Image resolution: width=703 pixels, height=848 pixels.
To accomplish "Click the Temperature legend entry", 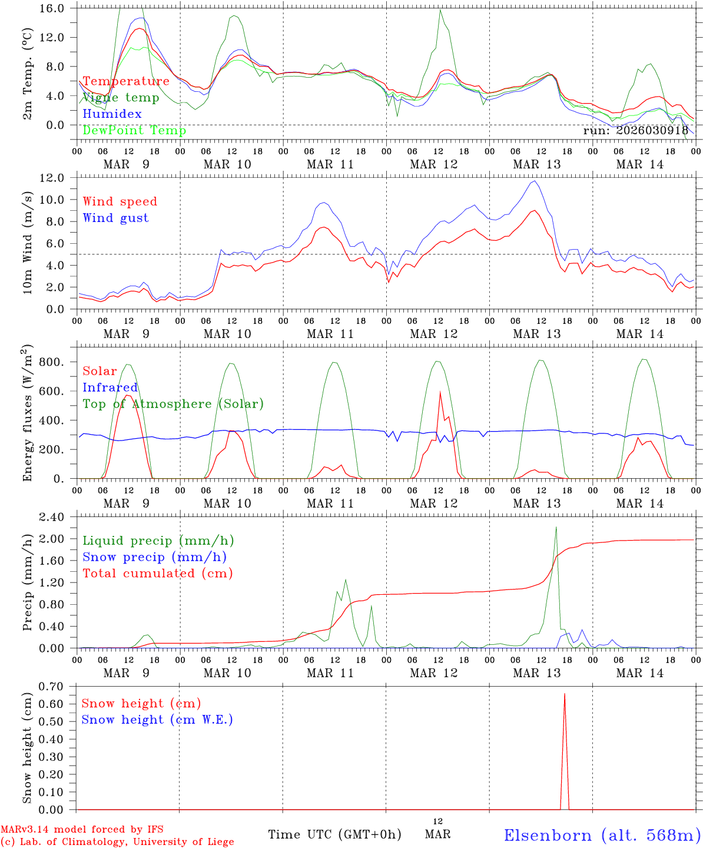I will tap(126, 81).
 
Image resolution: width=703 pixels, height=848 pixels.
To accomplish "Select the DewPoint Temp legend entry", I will tap(134, 131).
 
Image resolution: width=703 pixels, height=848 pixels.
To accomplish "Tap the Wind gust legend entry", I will tap(115, 218).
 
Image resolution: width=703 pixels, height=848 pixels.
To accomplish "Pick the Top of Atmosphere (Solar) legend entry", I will tap(173, 404).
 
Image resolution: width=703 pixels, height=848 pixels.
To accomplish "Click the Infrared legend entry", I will tap(110, 387).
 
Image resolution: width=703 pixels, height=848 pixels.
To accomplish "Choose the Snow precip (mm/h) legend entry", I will tap(154, 557).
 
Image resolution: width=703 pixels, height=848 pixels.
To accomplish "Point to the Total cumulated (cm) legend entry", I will tap(158, 574).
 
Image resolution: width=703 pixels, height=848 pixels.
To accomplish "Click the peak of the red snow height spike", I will tap(565, 694).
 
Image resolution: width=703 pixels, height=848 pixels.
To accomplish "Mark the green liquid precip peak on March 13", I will tap(556, 528).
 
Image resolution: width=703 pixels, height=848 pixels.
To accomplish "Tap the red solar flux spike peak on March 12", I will tap(440, 392).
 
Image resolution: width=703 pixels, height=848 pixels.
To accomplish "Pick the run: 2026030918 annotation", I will tap(635, 131).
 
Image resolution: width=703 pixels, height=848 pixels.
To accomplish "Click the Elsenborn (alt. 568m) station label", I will tap(602, 835).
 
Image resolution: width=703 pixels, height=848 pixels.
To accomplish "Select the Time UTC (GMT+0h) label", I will tap(334, 834).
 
